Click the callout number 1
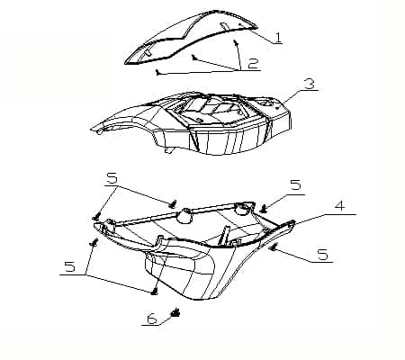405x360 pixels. coord(278,39)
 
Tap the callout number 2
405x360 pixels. coord(254,64)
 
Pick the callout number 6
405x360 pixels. coord(151,319)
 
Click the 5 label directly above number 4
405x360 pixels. coord(295,185)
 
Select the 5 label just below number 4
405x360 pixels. coord(321,256)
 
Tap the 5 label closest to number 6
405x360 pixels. coord(69,267)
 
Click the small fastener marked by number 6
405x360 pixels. coord(175,312)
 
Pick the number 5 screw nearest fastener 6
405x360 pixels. coord(154,290)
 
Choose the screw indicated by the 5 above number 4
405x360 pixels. coord(263,208)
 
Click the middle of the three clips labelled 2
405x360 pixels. coord(194,56)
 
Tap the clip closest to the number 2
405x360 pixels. coord(236,41)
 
